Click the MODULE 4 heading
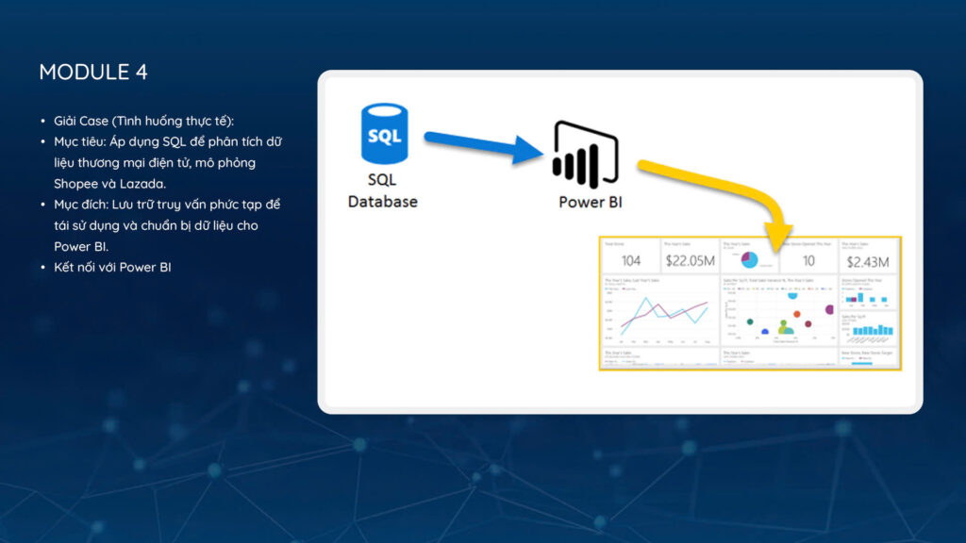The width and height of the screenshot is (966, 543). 93,73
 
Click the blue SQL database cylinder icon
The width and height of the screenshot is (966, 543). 384,135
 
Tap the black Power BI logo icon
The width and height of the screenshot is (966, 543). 586,156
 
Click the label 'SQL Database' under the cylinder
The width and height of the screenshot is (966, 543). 383,190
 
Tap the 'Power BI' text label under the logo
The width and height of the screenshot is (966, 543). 591,202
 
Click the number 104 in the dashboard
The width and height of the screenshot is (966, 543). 631,260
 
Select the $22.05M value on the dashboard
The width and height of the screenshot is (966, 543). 690,260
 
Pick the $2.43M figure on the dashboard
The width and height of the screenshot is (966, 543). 869,260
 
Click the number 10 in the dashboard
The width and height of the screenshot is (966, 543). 808,260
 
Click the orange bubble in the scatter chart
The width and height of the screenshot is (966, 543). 795,314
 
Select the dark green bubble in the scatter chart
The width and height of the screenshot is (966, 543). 750,321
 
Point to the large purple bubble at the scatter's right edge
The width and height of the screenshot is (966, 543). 829,309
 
